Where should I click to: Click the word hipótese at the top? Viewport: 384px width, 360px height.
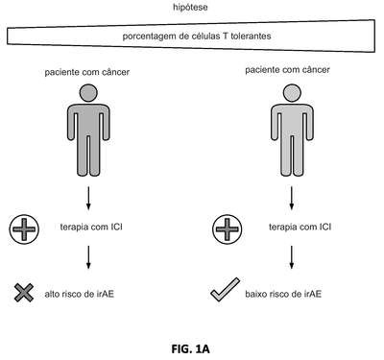click(190, 7)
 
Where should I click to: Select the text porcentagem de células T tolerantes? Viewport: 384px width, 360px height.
click(197, 36)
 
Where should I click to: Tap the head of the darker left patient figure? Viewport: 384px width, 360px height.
click(88, 93)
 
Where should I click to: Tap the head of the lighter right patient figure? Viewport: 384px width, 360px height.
click(292, 93)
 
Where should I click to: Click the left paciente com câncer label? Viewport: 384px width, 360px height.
click(87, 72)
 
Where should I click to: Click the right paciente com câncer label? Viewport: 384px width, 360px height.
click(287, 70)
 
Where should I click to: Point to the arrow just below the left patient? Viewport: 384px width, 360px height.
click(88, 198)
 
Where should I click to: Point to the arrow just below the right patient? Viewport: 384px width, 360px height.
click(291, 198)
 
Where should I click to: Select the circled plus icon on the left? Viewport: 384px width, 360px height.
click(24, 229)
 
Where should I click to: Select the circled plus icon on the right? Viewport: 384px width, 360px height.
click(228, 229)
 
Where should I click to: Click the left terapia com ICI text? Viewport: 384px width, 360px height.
click(91, 228)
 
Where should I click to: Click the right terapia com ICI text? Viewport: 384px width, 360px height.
click(300, 228)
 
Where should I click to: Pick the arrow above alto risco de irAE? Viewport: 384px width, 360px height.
click(88, 257)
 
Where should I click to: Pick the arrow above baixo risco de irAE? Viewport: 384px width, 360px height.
click(291, 257)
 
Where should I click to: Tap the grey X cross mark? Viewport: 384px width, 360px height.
click(24, 293)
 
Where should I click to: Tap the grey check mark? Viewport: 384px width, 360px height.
click(225, 290)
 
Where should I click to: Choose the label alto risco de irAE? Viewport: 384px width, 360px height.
click(80, 294)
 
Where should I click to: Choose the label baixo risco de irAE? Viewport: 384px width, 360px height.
click(283, 294)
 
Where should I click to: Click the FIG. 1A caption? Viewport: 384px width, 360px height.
click(191, 348)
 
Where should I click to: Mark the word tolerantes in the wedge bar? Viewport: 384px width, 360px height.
click(251, 36)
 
